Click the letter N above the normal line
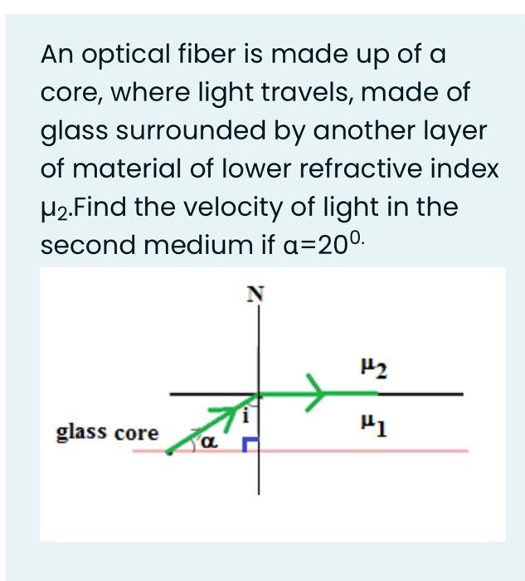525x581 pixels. (257, 292)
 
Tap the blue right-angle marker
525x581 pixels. (249, 447)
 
